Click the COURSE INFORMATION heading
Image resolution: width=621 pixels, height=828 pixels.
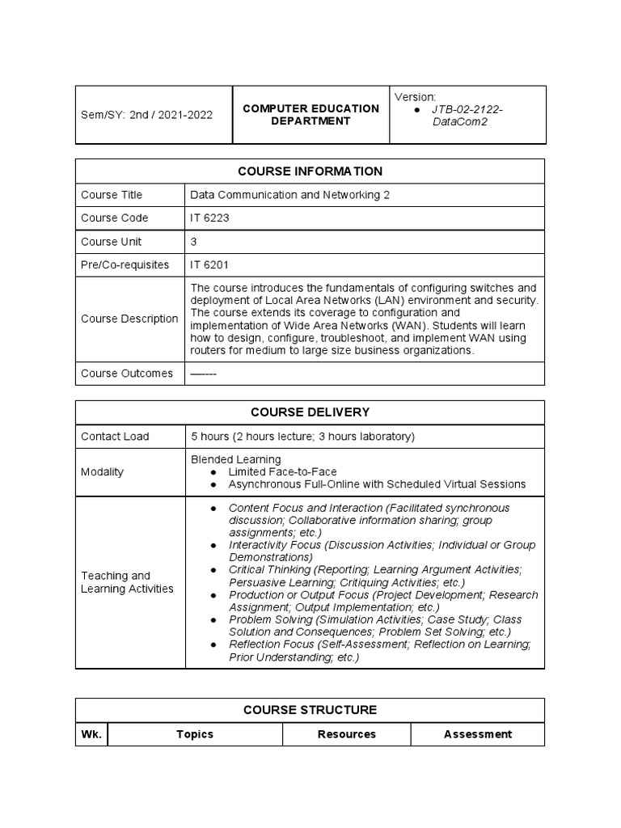point(310,171)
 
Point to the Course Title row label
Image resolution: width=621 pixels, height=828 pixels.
point(112,195)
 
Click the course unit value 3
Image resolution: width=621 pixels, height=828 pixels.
point(194,242)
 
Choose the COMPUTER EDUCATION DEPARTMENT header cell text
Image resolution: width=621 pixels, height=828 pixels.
point(311,115)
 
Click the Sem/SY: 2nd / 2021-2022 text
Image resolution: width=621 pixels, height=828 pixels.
point(147,115)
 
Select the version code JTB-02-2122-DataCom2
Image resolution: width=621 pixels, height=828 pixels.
point(467,115)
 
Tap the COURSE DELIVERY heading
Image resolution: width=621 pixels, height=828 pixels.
point(310,412)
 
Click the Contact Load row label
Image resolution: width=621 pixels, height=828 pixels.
point(115,437)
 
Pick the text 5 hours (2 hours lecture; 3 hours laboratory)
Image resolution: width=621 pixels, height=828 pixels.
point(302,437)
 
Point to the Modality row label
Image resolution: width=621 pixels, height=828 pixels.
point(103,471)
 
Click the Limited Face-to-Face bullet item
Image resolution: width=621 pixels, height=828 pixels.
point(282,471)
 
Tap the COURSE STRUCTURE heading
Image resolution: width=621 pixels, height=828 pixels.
point(310,710)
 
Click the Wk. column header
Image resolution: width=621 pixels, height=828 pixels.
point(91,734)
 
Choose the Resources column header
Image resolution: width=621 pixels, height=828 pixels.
point(346,734)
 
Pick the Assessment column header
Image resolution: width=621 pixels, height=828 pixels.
point(477,734)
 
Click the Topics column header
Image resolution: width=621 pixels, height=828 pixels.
point(195,734)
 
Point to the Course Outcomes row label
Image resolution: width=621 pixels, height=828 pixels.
point(127,374)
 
